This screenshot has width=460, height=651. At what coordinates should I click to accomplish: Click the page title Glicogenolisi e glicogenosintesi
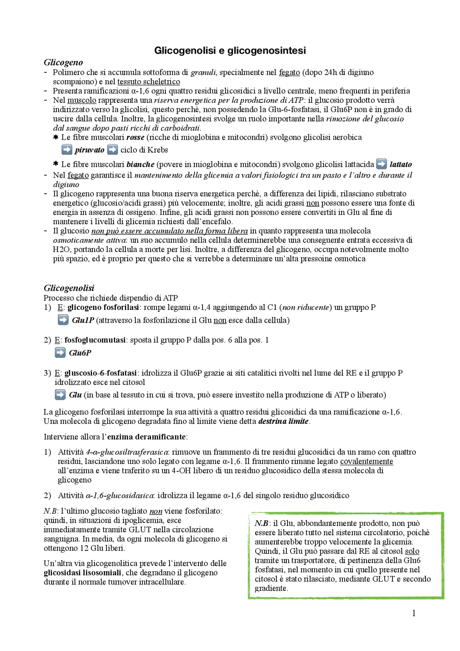230,50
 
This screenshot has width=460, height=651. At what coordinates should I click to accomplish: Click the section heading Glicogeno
63,63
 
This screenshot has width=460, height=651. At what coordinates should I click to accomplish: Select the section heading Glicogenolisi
69,288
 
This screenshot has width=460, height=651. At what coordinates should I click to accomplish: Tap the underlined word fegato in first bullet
289,73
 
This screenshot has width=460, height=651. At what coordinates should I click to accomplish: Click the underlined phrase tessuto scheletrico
148,82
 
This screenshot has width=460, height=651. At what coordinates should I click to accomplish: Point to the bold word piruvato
89,150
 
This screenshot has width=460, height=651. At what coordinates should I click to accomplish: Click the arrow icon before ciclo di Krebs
112,150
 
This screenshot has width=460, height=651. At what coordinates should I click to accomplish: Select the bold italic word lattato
401,165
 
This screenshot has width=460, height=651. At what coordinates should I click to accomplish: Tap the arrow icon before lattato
382,164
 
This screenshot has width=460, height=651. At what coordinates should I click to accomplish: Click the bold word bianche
140,165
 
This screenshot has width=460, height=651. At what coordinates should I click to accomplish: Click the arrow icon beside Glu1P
63,320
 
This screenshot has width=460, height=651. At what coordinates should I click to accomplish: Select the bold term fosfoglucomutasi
95,340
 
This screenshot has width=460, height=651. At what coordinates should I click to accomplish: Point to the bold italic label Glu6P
80,353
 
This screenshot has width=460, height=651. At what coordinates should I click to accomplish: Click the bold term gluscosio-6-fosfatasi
100,373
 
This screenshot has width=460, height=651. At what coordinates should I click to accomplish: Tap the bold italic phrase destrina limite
283,421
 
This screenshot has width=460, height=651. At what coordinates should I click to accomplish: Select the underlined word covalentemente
366,462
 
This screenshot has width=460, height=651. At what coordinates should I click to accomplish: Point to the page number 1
414,613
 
